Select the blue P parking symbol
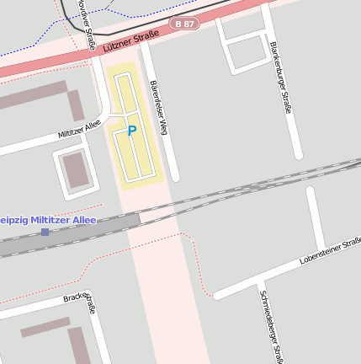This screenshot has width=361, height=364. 131,131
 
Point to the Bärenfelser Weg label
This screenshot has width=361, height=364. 159,108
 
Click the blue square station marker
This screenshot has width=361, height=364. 45,232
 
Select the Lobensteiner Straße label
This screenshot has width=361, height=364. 328,251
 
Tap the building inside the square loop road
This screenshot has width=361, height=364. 75,169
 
